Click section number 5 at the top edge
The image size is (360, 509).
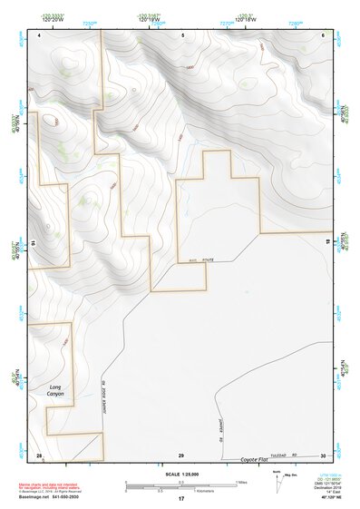coord(182,34)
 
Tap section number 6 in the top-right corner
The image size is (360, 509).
coord(323,34)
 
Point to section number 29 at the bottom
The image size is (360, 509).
coord(181,455)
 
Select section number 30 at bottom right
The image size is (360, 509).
coord(323,455)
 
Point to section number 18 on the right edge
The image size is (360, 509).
coord(326,244)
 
